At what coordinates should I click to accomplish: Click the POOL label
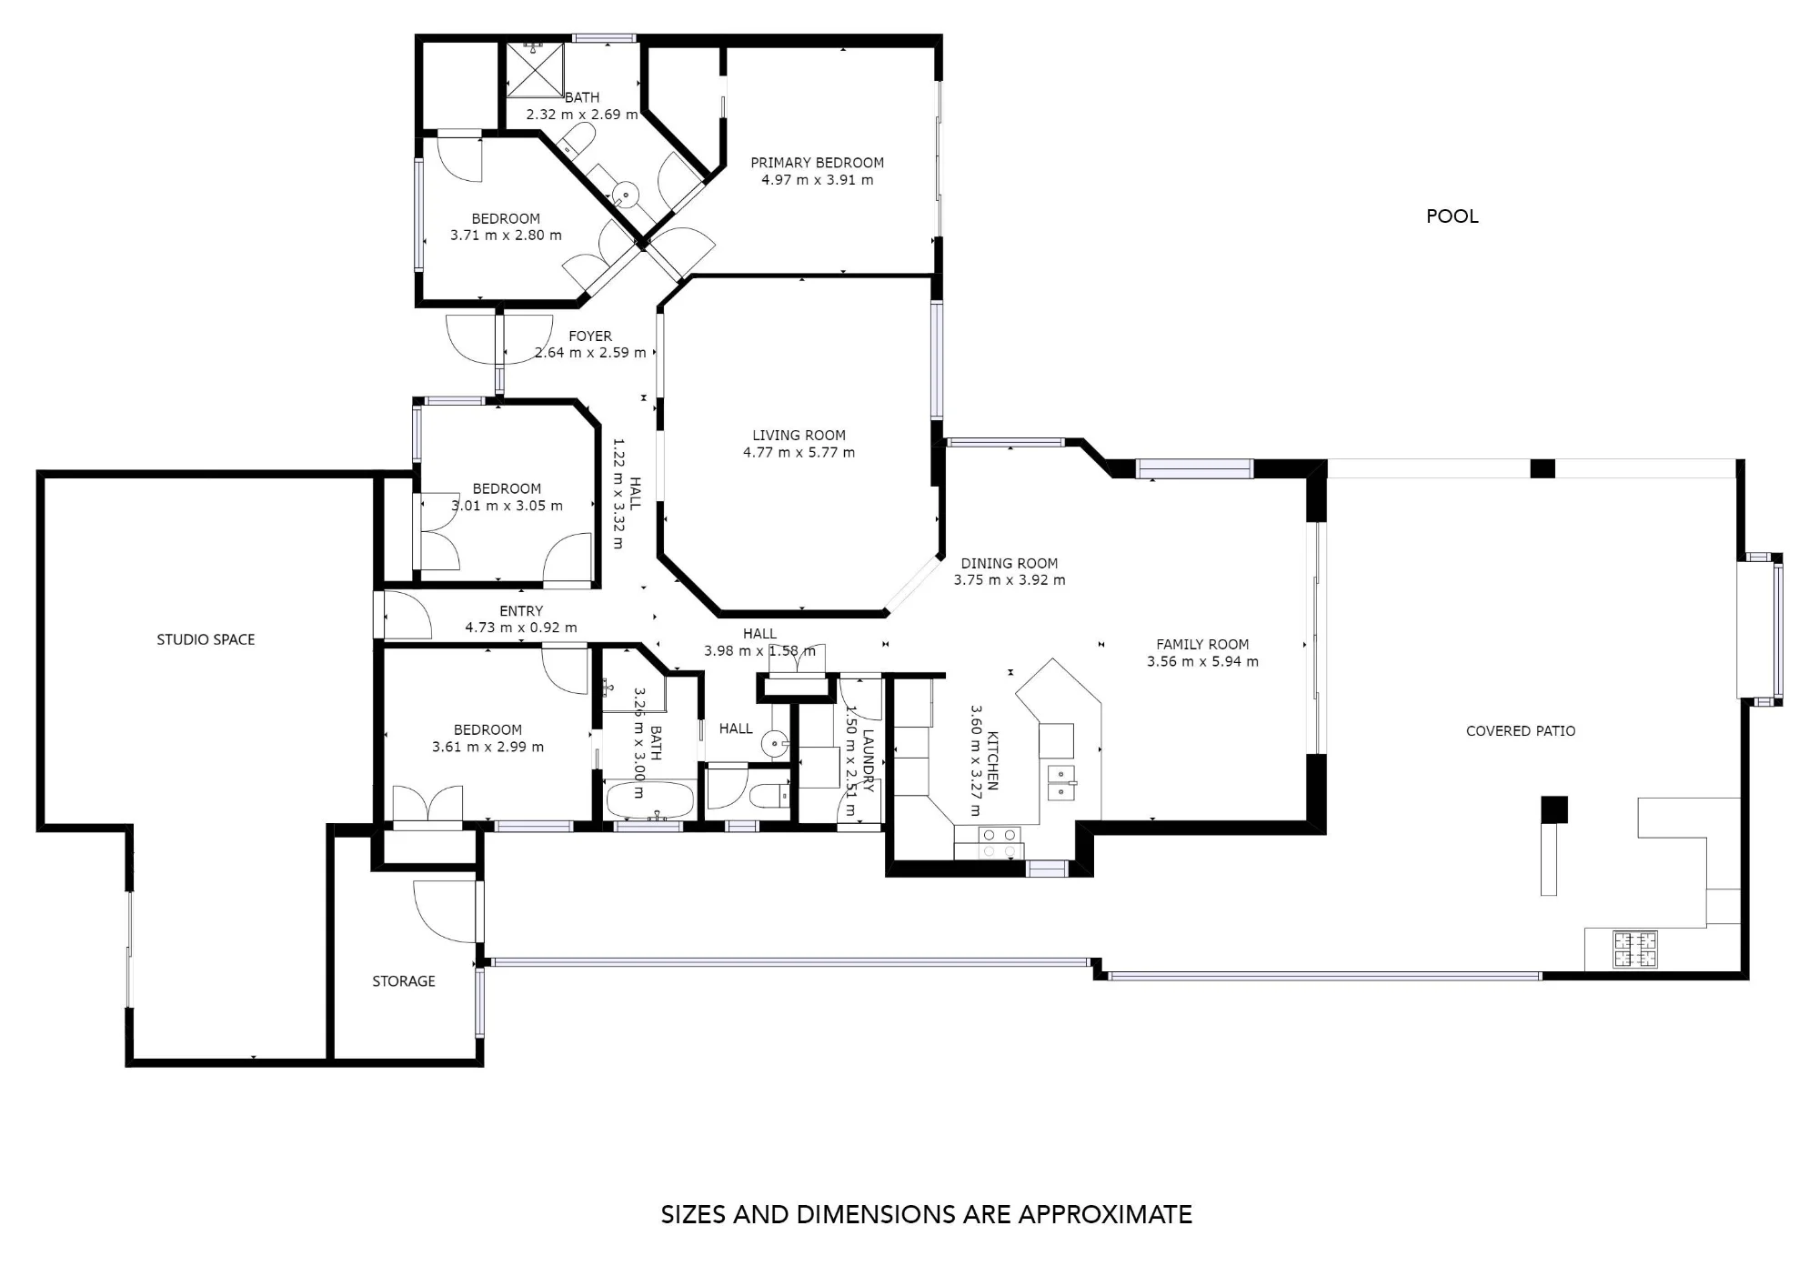[1452, 216]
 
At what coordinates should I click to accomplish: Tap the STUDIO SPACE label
[206, 639]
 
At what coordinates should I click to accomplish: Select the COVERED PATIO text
[1521, 730]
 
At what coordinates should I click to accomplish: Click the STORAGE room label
[404, 980]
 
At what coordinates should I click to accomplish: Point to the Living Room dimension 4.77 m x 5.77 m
[799, 452]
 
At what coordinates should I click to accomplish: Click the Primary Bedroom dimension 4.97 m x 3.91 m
[817, 180]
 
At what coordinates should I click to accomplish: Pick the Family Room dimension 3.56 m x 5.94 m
[1202, 661]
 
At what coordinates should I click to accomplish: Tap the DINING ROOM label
[1010, 563]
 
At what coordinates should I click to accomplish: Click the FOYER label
[590, 337]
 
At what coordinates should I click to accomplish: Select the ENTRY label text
[521, 611]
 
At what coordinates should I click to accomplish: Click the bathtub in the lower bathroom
[650, 800]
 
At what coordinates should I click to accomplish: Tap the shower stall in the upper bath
[535, 69]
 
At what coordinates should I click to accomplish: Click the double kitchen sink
[1061, 782]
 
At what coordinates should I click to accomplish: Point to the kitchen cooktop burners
[998, 843]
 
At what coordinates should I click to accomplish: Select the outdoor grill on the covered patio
[1635, 949]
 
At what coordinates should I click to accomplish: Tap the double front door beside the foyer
[499, 339]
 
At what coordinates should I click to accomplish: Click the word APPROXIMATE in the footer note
[1104, 1215]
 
